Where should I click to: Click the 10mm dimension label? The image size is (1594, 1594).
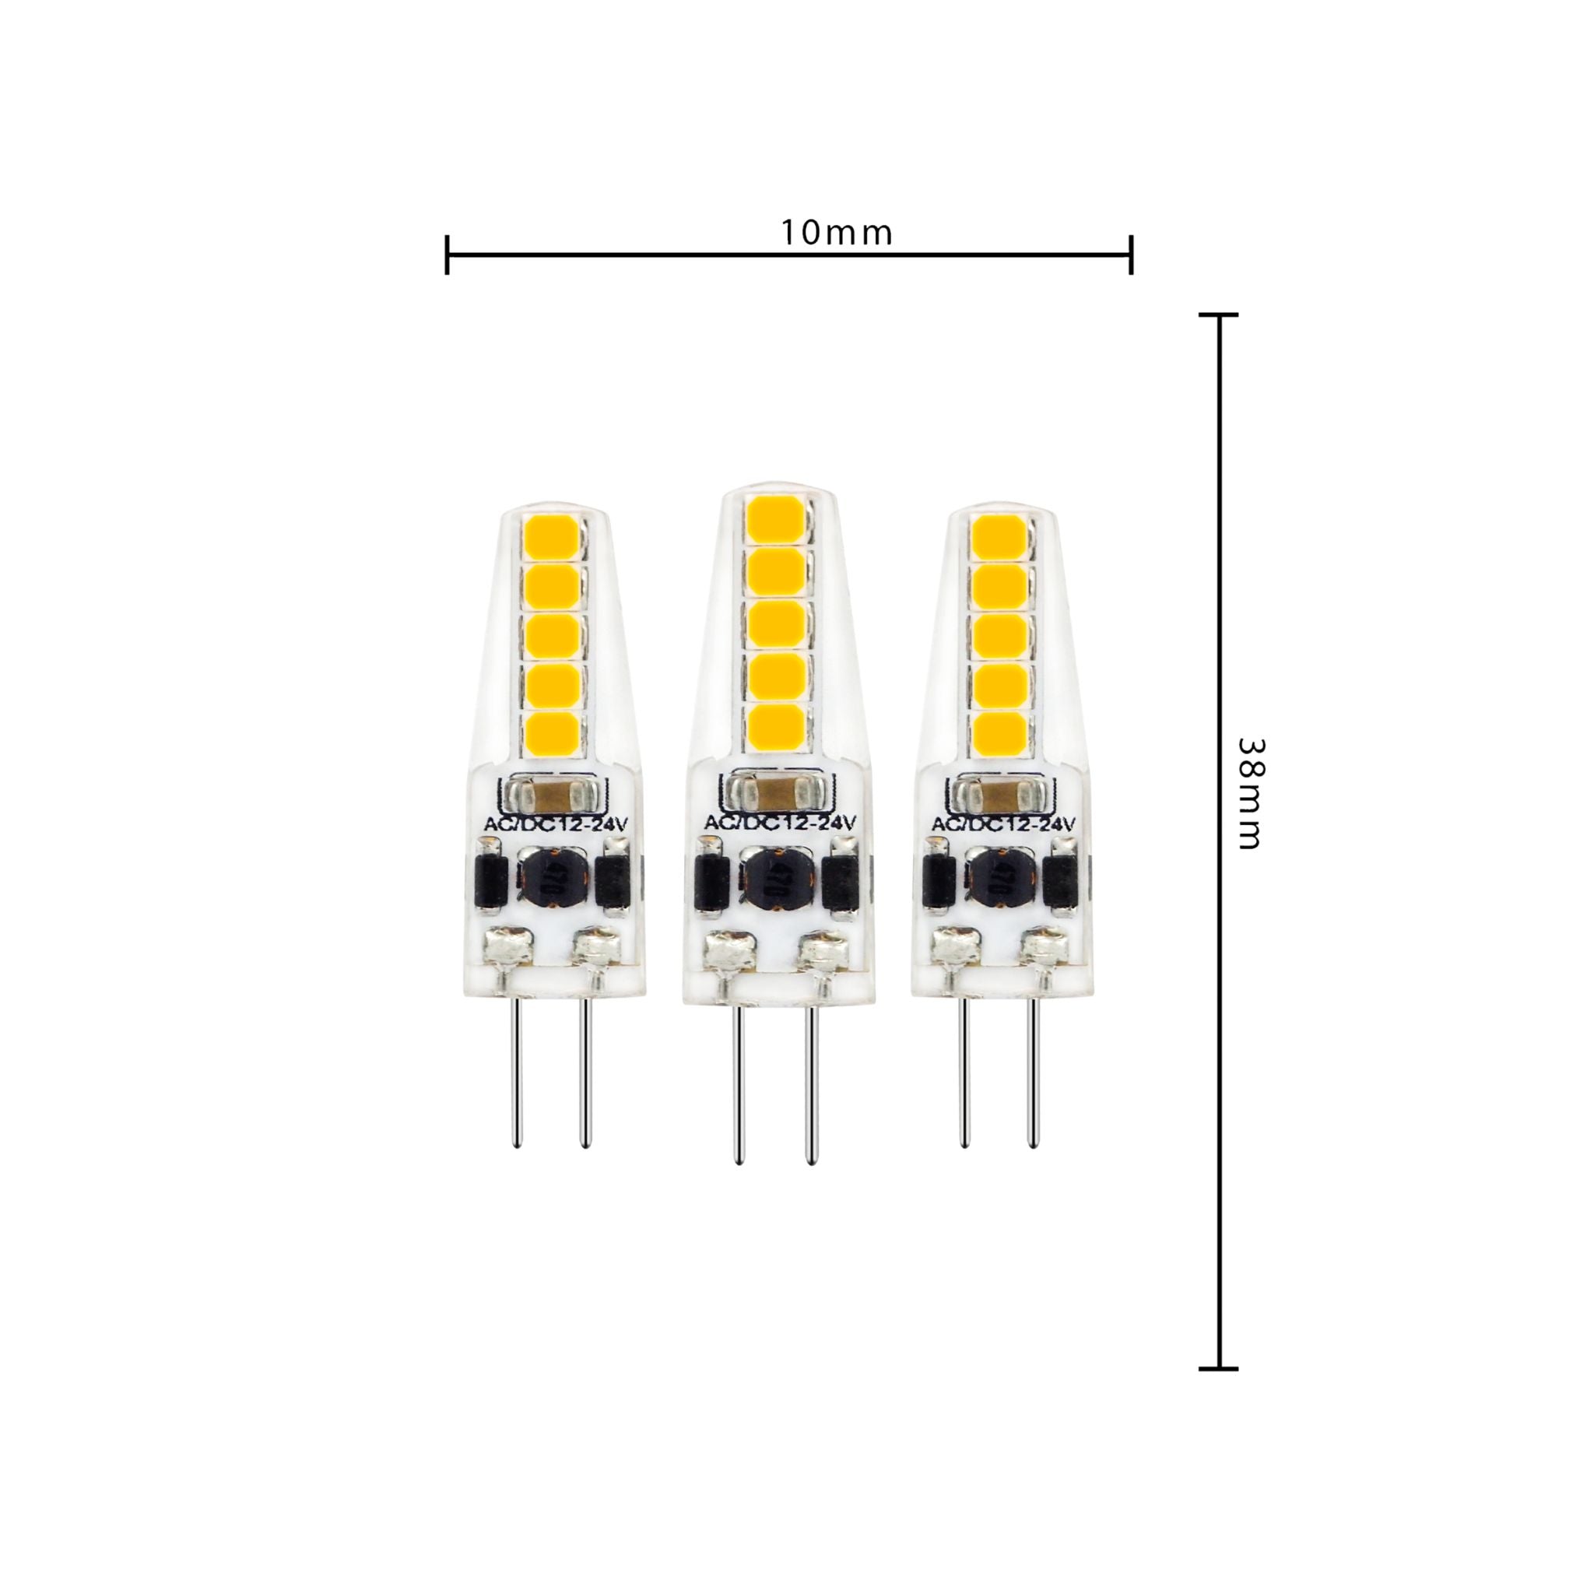(x=837, y=234)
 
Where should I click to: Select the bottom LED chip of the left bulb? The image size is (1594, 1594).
(x=550, y=731)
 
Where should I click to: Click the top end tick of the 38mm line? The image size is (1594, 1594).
(x=1218, y=315)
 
